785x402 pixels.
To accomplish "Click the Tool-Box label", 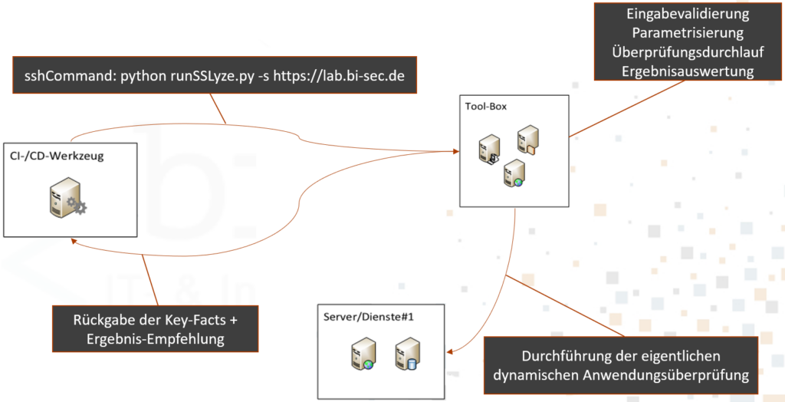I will click(486, 106).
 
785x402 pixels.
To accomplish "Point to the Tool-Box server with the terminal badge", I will click(489, 149).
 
